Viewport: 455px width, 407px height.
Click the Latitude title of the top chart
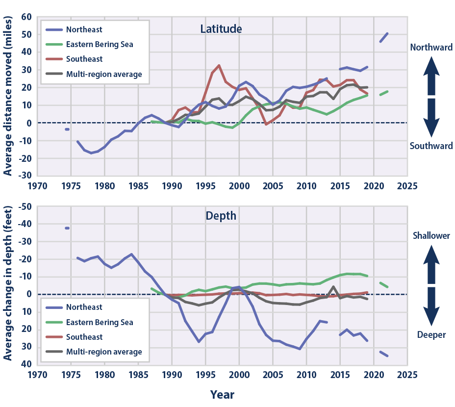tap(221, 29)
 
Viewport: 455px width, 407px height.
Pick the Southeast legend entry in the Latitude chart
tap(84, 59)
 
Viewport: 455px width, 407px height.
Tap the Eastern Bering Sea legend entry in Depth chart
tap(100, 322)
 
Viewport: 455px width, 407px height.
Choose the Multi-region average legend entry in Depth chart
tap(104, 352)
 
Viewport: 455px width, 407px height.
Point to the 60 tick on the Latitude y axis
tap(25, 17)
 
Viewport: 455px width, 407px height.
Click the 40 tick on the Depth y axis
tap(25, 364)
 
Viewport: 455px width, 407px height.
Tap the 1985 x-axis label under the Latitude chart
tap(138, 186)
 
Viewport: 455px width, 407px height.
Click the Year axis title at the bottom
tap(222, 394)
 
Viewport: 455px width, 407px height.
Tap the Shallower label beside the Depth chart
tap(430, 236)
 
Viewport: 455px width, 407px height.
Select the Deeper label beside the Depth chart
tap(431, 335)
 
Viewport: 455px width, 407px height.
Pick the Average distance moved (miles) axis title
tap(8, 98)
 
